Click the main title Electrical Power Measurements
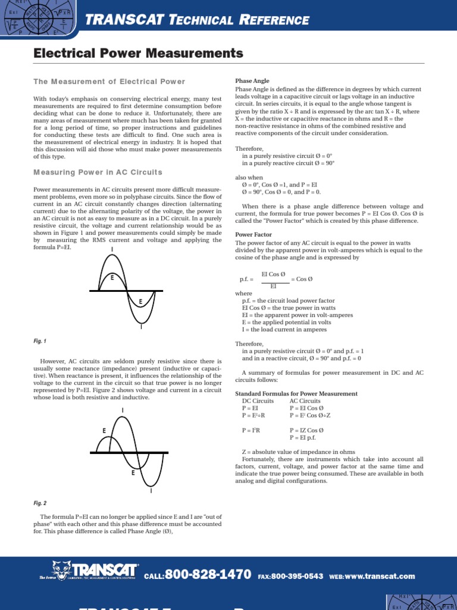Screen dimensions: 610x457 (x=138, y=54)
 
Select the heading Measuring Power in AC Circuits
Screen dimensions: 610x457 (x=98, y=172)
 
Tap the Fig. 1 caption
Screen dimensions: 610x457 (x=40, y=341)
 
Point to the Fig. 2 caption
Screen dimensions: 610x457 (x=40, y=503)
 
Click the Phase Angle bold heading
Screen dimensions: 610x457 (x=252, y=81)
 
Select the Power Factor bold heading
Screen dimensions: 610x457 (x=253, y=235)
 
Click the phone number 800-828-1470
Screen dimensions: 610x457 (x=207, y=575)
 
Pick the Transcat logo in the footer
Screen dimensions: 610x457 (x=89, y=571)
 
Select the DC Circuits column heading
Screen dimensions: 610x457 (x=258, y=401)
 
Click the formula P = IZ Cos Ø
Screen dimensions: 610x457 (x=306, y=430)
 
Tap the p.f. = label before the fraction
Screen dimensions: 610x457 (x=246, y=279)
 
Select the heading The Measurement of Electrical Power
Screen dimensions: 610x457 (x=109, y=82)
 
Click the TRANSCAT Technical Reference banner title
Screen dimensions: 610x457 (x=198, y=21)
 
